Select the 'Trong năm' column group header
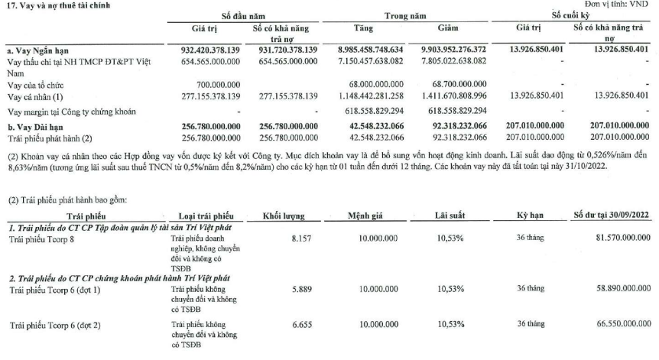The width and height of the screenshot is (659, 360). (x=405, y=15)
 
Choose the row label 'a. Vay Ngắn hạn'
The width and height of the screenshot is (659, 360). (x=38, y=49)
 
